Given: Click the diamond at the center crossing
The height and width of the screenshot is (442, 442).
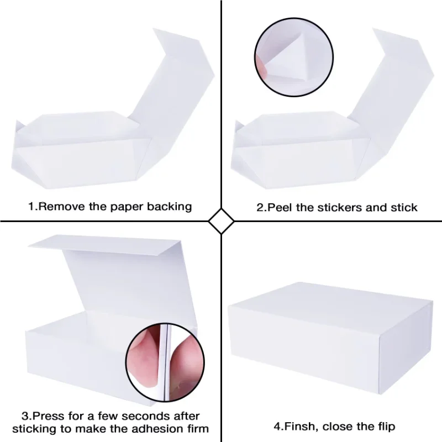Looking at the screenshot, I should (x=221, y=222).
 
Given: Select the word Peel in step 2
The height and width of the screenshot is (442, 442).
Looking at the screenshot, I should (x=280, y=208).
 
